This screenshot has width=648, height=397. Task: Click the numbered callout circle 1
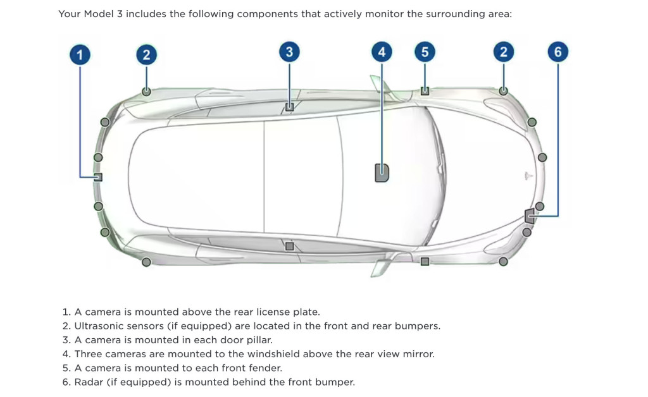80,55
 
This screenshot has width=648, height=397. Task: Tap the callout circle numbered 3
289,52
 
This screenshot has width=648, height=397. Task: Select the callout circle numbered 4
382,52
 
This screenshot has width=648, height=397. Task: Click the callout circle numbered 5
425,52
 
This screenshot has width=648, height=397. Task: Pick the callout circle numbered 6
558,52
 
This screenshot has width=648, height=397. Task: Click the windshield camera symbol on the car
382,172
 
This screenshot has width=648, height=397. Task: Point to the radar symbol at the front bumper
530,216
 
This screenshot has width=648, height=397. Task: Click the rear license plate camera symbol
98,177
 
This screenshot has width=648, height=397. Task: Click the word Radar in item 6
88,382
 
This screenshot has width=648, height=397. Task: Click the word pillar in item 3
257,340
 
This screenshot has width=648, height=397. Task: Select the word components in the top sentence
265,14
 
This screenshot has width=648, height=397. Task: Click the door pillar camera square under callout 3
289,107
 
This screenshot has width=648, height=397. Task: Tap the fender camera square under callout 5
425,91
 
